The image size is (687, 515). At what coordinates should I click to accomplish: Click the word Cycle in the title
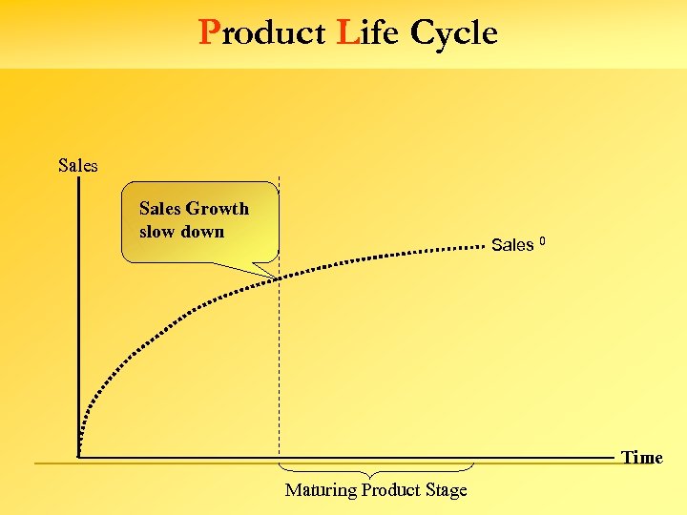click(453, 33)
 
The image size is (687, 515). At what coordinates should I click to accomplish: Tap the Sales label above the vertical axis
click(77, 165)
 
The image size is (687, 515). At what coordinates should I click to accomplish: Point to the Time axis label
click(642, 458)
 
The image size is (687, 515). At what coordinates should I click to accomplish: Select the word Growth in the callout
click(218, 209)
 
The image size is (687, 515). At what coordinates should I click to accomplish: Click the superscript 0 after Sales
click(542, 239)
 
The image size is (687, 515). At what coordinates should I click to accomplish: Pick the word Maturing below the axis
click(320, 490)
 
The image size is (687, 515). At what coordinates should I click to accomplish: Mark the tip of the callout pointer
click(277, 278)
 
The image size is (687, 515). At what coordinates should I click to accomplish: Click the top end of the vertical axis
click(78, 179)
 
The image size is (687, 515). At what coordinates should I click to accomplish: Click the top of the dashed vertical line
click(279, 178)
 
